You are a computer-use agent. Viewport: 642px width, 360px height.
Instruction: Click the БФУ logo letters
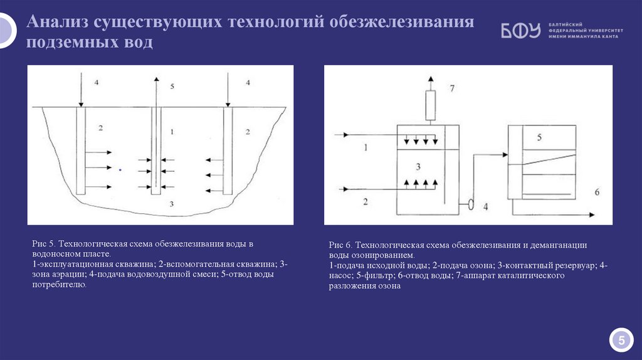520,31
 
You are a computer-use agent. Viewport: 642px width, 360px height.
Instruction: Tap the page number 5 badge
621,341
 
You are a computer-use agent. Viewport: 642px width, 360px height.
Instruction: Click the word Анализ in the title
58,23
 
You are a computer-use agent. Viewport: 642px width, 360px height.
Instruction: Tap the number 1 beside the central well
171,132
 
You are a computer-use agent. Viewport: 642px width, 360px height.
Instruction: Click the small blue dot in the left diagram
120,169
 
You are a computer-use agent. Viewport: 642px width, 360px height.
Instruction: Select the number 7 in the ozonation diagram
451,88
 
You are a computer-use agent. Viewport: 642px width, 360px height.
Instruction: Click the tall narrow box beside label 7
430,105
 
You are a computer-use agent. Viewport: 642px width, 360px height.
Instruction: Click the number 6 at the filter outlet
596,191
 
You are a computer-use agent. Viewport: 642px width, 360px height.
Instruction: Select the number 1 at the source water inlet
366,147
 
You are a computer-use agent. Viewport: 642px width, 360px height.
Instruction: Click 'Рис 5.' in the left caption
45,243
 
